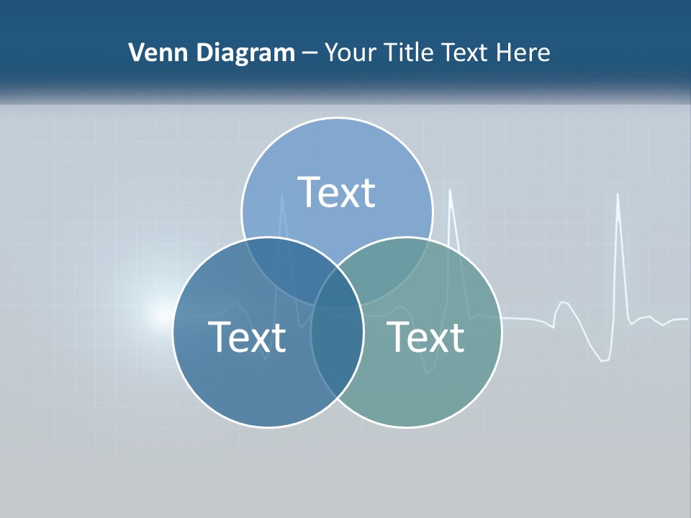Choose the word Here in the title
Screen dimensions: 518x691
click(x=526, y=53)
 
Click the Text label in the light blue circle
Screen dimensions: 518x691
click(x=337, y=192)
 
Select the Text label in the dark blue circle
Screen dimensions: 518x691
click(x=247, y=337)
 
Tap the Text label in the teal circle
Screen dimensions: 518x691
click(x=425, y=337)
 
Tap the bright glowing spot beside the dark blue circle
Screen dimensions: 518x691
click(x=160, y=314)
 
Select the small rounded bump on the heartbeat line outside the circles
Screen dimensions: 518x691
click(x=564, y=303)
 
